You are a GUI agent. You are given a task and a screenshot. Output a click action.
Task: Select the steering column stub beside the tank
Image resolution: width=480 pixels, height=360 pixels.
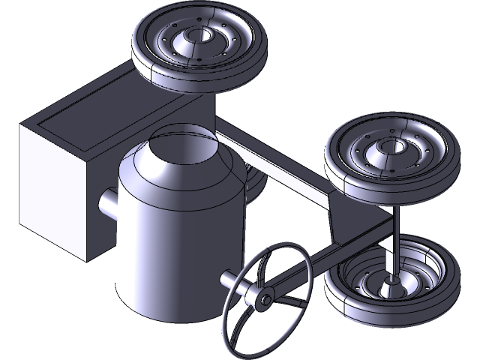(x=229, y=278)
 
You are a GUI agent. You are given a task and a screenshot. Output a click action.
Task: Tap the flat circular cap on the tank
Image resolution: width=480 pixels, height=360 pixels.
(x=184, y=140)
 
